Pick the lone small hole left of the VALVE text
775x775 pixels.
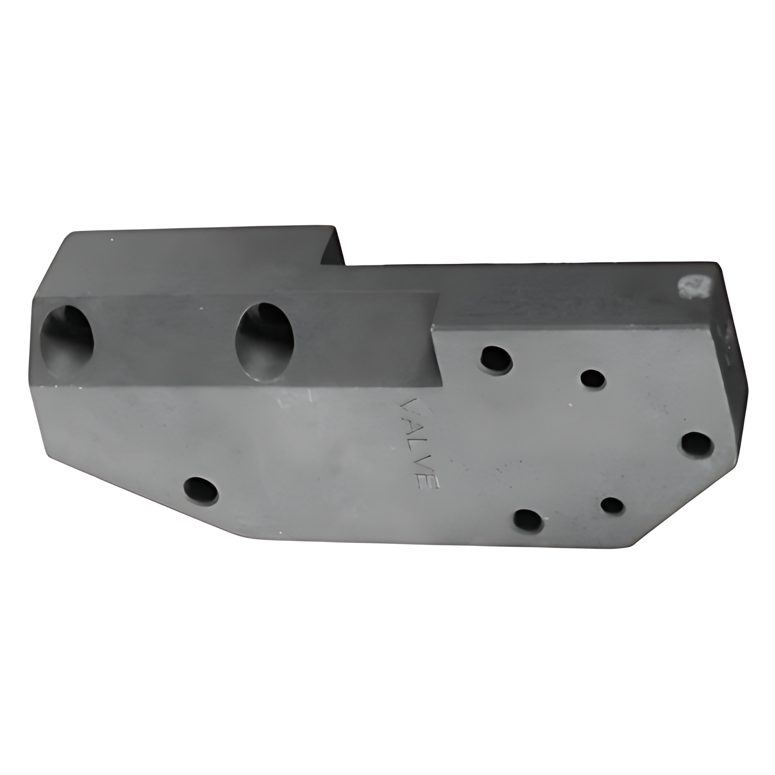click(201, 490)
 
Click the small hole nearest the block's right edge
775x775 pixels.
click(697, 444)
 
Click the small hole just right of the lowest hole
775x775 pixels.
click(613, 506)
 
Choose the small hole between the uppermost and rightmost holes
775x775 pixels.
click(593, 379)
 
